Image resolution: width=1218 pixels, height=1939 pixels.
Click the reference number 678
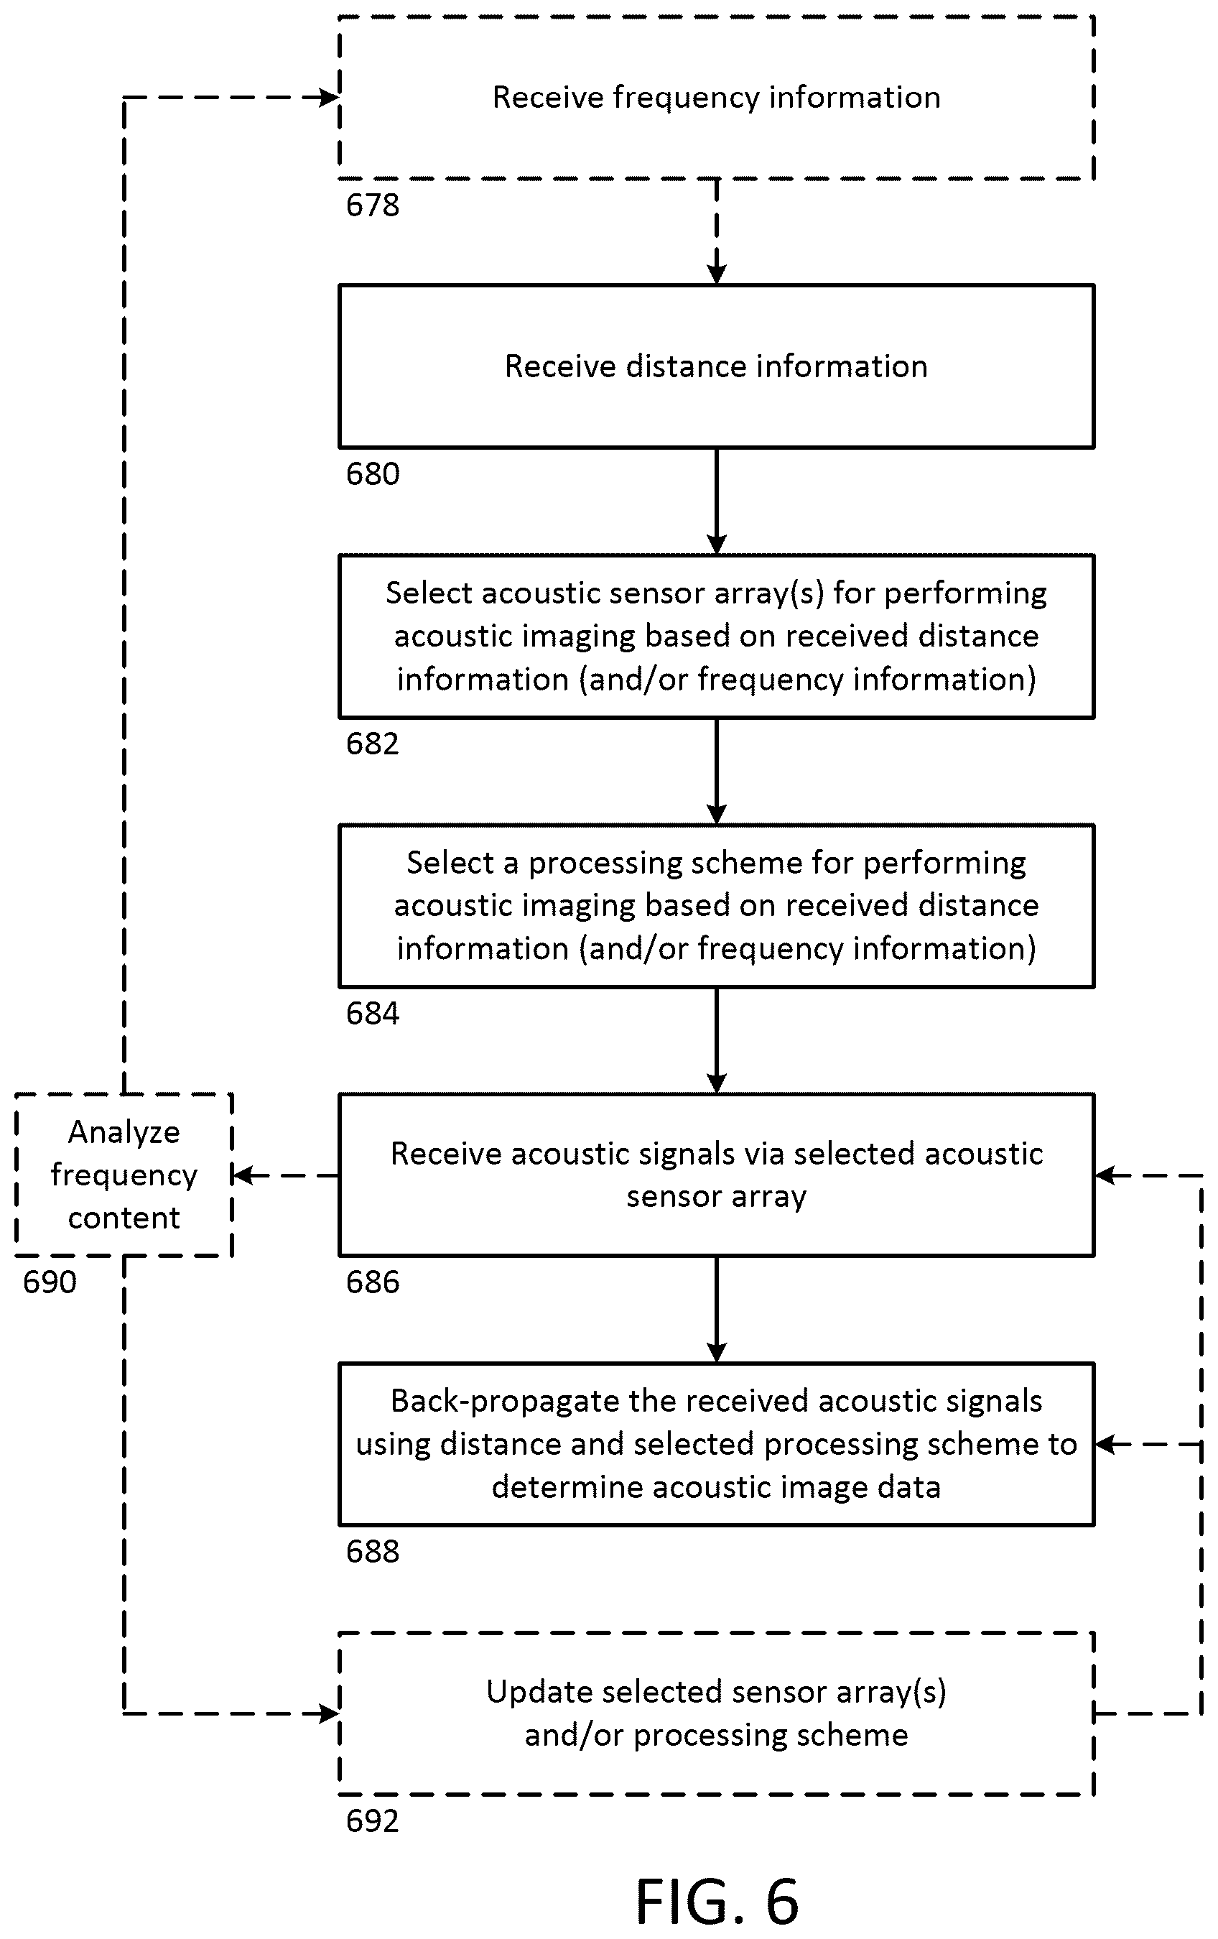point(372,205)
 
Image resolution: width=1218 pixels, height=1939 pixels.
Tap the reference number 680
point(372,474)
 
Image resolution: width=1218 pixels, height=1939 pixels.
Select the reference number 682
point(372,744)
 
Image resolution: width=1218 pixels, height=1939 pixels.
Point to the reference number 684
point(372,1014)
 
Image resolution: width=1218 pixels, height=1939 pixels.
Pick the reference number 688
point(372,1552)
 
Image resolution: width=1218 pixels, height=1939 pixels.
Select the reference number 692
point(372,1821)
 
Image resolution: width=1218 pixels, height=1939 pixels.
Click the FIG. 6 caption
point(717,1901)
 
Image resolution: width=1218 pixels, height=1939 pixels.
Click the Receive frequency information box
point(717,98)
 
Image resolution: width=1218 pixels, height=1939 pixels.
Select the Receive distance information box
point(717,366)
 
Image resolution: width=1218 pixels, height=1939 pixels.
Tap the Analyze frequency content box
point(124,1175)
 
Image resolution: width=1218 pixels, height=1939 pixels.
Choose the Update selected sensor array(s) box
point(717,1713)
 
